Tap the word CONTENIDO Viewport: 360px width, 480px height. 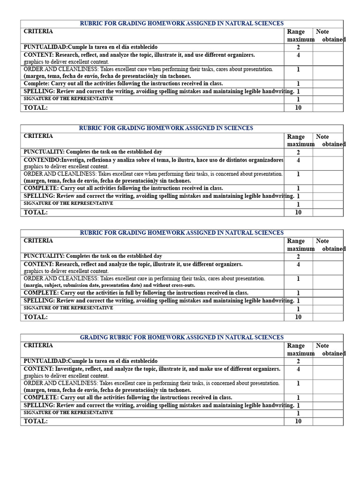[39, 160]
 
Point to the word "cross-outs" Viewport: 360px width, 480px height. [183, 285]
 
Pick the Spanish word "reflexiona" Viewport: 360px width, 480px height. [97, 160]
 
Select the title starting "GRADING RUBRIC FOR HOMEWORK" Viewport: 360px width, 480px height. [182, 337]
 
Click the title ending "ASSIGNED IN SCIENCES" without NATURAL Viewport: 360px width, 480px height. [166, 128]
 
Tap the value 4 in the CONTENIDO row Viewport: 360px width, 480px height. [298, 160]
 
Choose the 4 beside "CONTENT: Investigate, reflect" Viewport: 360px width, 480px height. [298, 369]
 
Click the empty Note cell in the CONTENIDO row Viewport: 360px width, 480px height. [328, 163]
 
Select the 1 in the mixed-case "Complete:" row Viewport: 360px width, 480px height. [298, 84]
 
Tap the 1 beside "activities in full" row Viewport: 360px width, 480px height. [298, 293]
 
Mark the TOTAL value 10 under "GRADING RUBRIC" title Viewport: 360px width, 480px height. [298, 421]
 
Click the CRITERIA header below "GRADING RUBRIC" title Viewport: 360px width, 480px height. [38, 345]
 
